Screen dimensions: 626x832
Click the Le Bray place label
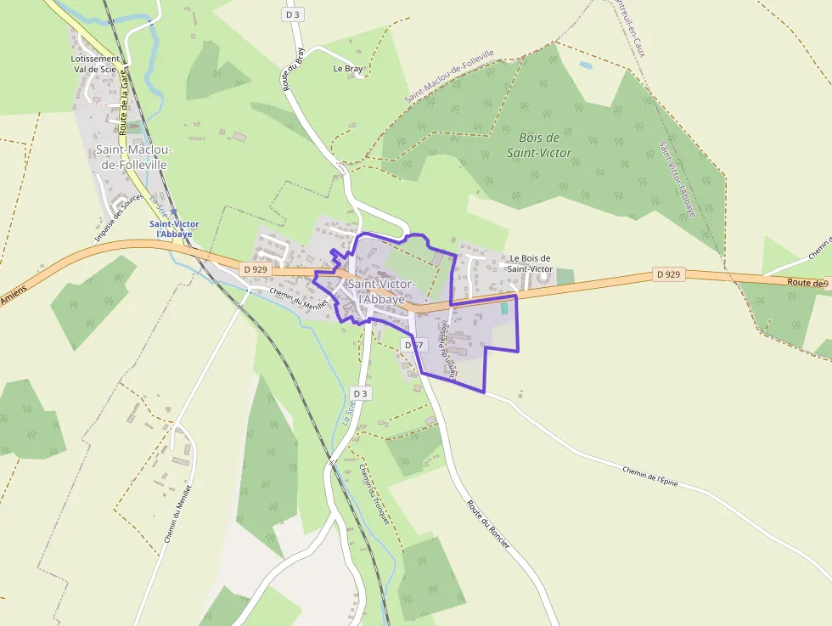(348, 68)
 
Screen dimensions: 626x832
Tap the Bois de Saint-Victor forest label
(539, 145)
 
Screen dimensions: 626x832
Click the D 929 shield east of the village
(669, 274)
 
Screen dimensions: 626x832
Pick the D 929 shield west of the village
(255, 269)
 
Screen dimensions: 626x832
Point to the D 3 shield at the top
(293, 14)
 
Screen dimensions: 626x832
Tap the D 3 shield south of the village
(361, 393)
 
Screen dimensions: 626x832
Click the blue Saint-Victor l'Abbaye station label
(174, 228)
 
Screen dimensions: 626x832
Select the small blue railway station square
(174, 213)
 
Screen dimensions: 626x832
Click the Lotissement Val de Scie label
(96, 65)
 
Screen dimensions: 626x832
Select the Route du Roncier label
(487, 522)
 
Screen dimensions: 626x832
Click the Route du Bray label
(294, 68)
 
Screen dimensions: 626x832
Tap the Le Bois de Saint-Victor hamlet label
(530, 263)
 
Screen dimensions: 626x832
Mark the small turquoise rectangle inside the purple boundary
(504, 307)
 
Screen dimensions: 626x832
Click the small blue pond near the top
(585, 65)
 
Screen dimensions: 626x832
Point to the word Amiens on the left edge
(14, 295)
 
